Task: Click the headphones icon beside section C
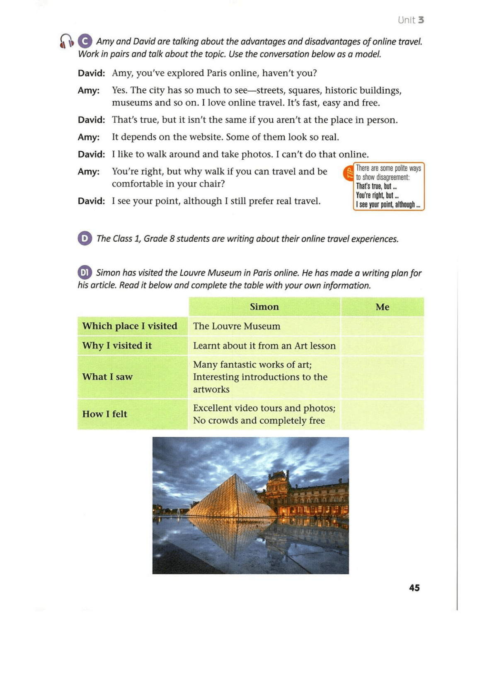pyautogui.click(x=66, y=41)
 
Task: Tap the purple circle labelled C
pyautogui.click(x=85, y=41)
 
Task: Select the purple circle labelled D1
pyautogui.click(x=85, y=272)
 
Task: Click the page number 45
pyautogui.click(x=414, y=588)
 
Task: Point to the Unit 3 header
pyautogui.click(x=410, y=20)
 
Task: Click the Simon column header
pyautogui.click(x=264, y=307)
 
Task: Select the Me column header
pyautogui.click(x=382, y=307)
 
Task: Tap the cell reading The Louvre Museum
pyautogui.click(x=237, y=326)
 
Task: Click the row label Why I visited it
pyautogui.click(x=117, y=346)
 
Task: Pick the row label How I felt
pyautogui.click(x=105, y=414)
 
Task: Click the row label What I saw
pyautogui.click(x=107, y=377)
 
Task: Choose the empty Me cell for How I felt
pyautogui.click(x=382, y=414)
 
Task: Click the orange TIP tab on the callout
pyautogui.click(x=349, y=172)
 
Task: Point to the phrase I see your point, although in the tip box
pyautogui.click(x=388, y=205)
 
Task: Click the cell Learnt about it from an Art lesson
pyautogui.click(x=264, y=346)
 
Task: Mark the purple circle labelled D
pyautogui.click(x=85, y=238)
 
